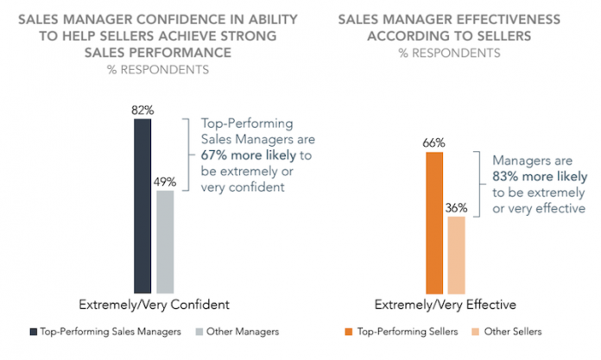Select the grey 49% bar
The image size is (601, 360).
(x=165, y=242)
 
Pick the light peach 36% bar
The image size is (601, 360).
(x=457, y=255)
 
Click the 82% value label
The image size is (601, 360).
(x=142, y=110)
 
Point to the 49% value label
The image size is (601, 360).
(x=166, y=182)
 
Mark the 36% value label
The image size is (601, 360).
(x=457, y=208)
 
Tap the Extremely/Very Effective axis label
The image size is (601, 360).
(x=446, y=305)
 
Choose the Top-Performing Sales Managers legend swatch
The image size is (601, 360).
(x=35, y=332)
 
